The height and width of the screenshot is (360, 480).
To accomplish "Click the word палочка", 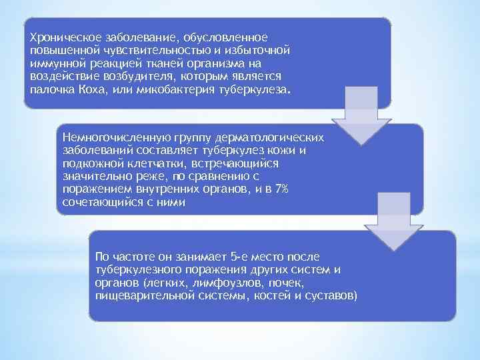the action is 49,89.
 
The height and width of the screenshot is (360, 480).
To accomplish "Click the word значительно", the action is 93,177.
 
